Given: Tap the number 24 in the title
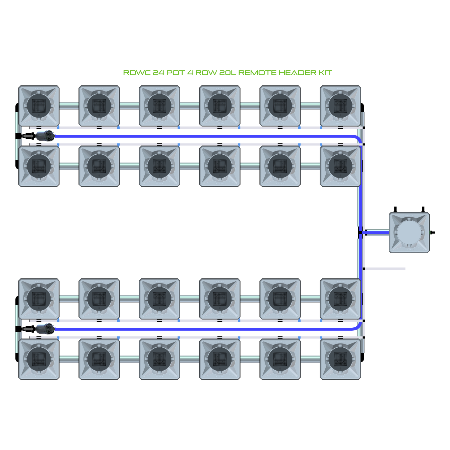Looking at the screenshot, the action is [x=158, y=73].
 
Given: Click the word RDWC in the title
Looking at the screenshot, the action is [x=137, y=73].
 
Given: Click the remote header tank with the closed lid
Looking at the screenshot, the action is [x=409, y=232].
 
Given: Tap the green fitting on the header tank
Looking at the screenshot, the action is [x=431, y=233].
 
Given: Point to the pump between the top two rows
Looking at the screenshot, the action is [x=46, y=136].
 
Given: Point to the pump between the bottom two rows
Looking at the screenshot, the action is [x=46, y=329].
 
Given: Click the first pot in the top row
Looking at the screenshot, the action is [x=39, y=106].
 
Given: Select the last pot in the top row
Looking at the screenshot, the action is [x=340, y=106].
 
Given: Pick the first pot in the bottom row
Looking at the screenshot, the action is [x=39, y=359].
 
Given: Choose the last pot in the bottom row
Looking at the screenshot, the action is [x=340, y=359].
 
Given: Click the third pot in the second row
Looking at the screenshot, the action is [x=159, y=166].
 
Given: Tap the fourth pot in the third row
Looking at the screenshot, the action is [x=220, y=299].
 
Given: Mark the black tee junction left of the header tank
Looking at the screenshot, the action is [x=360, y=233].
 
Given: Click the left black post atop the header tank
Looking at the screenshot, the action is [x=395, y=209].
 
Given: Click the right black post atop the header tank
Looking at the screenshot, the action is [x=423, y=209].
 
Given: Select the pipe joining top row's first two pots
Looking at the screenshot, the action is [x=69, y=106].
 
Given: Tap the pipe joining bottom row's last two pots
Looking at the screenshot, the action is [x=310, y=359].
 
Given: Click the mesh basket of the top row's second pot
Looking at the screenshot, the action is [x=99, y=106].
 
